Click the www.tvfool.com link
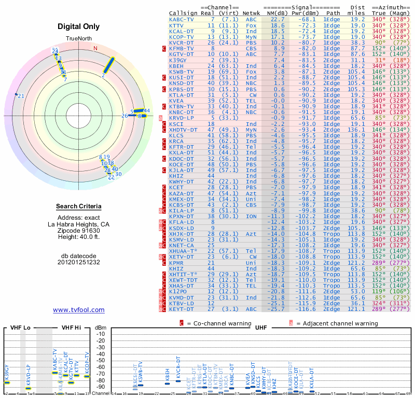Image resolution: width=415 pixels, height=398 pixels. (x=79, y=310)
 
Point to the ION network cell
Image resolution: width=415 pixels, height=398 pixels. (x=251, y=216)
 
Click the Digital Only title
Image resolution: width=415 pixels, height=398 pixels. (x=79, y=26)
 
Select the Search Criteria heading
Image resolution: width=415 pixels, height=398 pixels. (x=79, y=207)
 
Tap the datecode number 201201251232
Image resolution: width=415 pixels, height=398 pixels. (x=79, y=262)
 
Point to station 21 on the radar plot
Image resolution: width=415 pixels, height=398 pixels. (x=21, y=96)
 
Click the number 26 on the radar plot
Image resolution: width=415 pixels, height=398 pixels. (x=125, y=116)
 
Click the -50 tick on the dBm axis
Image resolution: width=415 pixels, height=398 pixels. (x=101, y=360)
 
